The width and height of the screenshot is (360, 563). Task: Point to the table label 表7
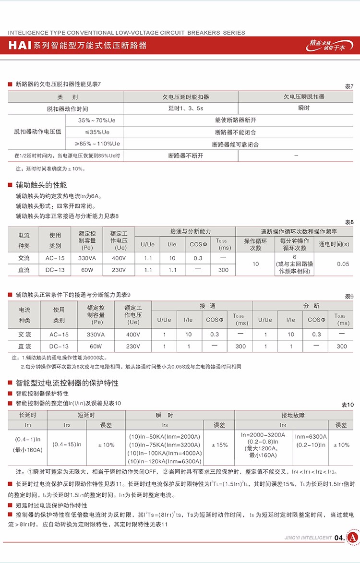click(349, 86)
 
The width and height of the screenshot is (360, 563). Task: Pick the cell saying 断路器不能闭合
click(235, 132)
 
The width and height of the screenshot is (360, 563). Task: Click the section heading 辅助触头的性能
click(41, 185)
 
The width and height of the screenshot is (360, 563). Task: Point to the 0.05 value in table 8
click(343, 264)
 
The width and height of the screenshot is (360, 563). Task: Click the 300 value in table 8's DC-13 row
click(223, 270)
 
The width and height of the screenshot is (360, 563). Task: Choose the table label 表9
click(349, 296)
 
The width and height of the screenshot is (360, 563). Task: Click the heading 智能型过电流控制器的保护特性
click(67, 383)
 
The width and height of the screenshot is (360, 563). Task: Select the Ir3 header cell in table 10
click(165, 425)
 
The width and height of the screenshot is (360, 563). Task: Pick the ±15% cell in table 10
click(219, 445)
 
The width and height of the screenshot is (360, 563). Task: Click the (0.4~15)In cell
click(67, 445)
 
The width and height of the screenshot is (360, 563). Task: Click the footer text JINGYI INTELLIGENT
click(308, 538)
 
